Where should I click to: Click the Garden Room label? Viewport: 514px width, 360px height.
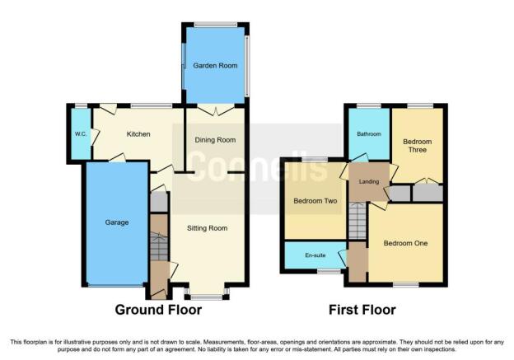215,66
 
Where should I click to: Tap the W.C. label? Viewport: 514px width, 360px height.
81,134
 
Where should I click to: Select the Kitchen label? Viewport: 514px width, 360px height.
138,134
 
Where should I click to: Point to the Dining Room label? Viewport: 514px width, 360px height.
215,140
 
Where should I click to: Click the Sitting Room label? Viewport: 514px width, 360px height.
208,228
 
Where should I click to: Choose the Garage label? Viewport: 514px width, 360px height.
117,222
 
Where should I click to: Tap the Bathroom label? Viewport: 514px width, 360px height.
369,134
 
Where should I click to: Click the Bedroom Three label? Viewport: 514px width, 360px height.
417,146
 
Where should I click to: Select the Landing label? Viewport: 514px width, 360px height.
369,181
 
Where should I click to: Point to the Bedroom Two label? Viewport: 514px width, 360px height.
315,201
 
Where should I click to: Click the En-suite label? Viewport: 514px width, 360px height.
315,255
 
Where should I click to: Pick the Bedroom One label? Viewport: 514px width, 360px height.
405,243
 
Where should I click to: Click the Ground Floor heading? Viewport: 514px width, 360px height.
158,310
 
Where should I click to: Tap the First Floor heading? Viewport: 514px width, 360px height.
362,310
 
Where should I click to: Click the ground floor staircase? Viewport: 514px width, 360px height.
159,246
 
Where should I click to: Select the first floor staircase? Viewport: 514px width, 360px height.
357,221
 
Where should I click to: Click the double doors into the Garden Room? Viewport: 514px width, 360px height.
215,110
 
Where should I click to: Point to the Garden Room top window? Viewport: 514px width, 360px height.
215,25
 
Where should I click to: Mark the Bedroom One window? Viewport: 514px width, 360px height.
406,285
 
